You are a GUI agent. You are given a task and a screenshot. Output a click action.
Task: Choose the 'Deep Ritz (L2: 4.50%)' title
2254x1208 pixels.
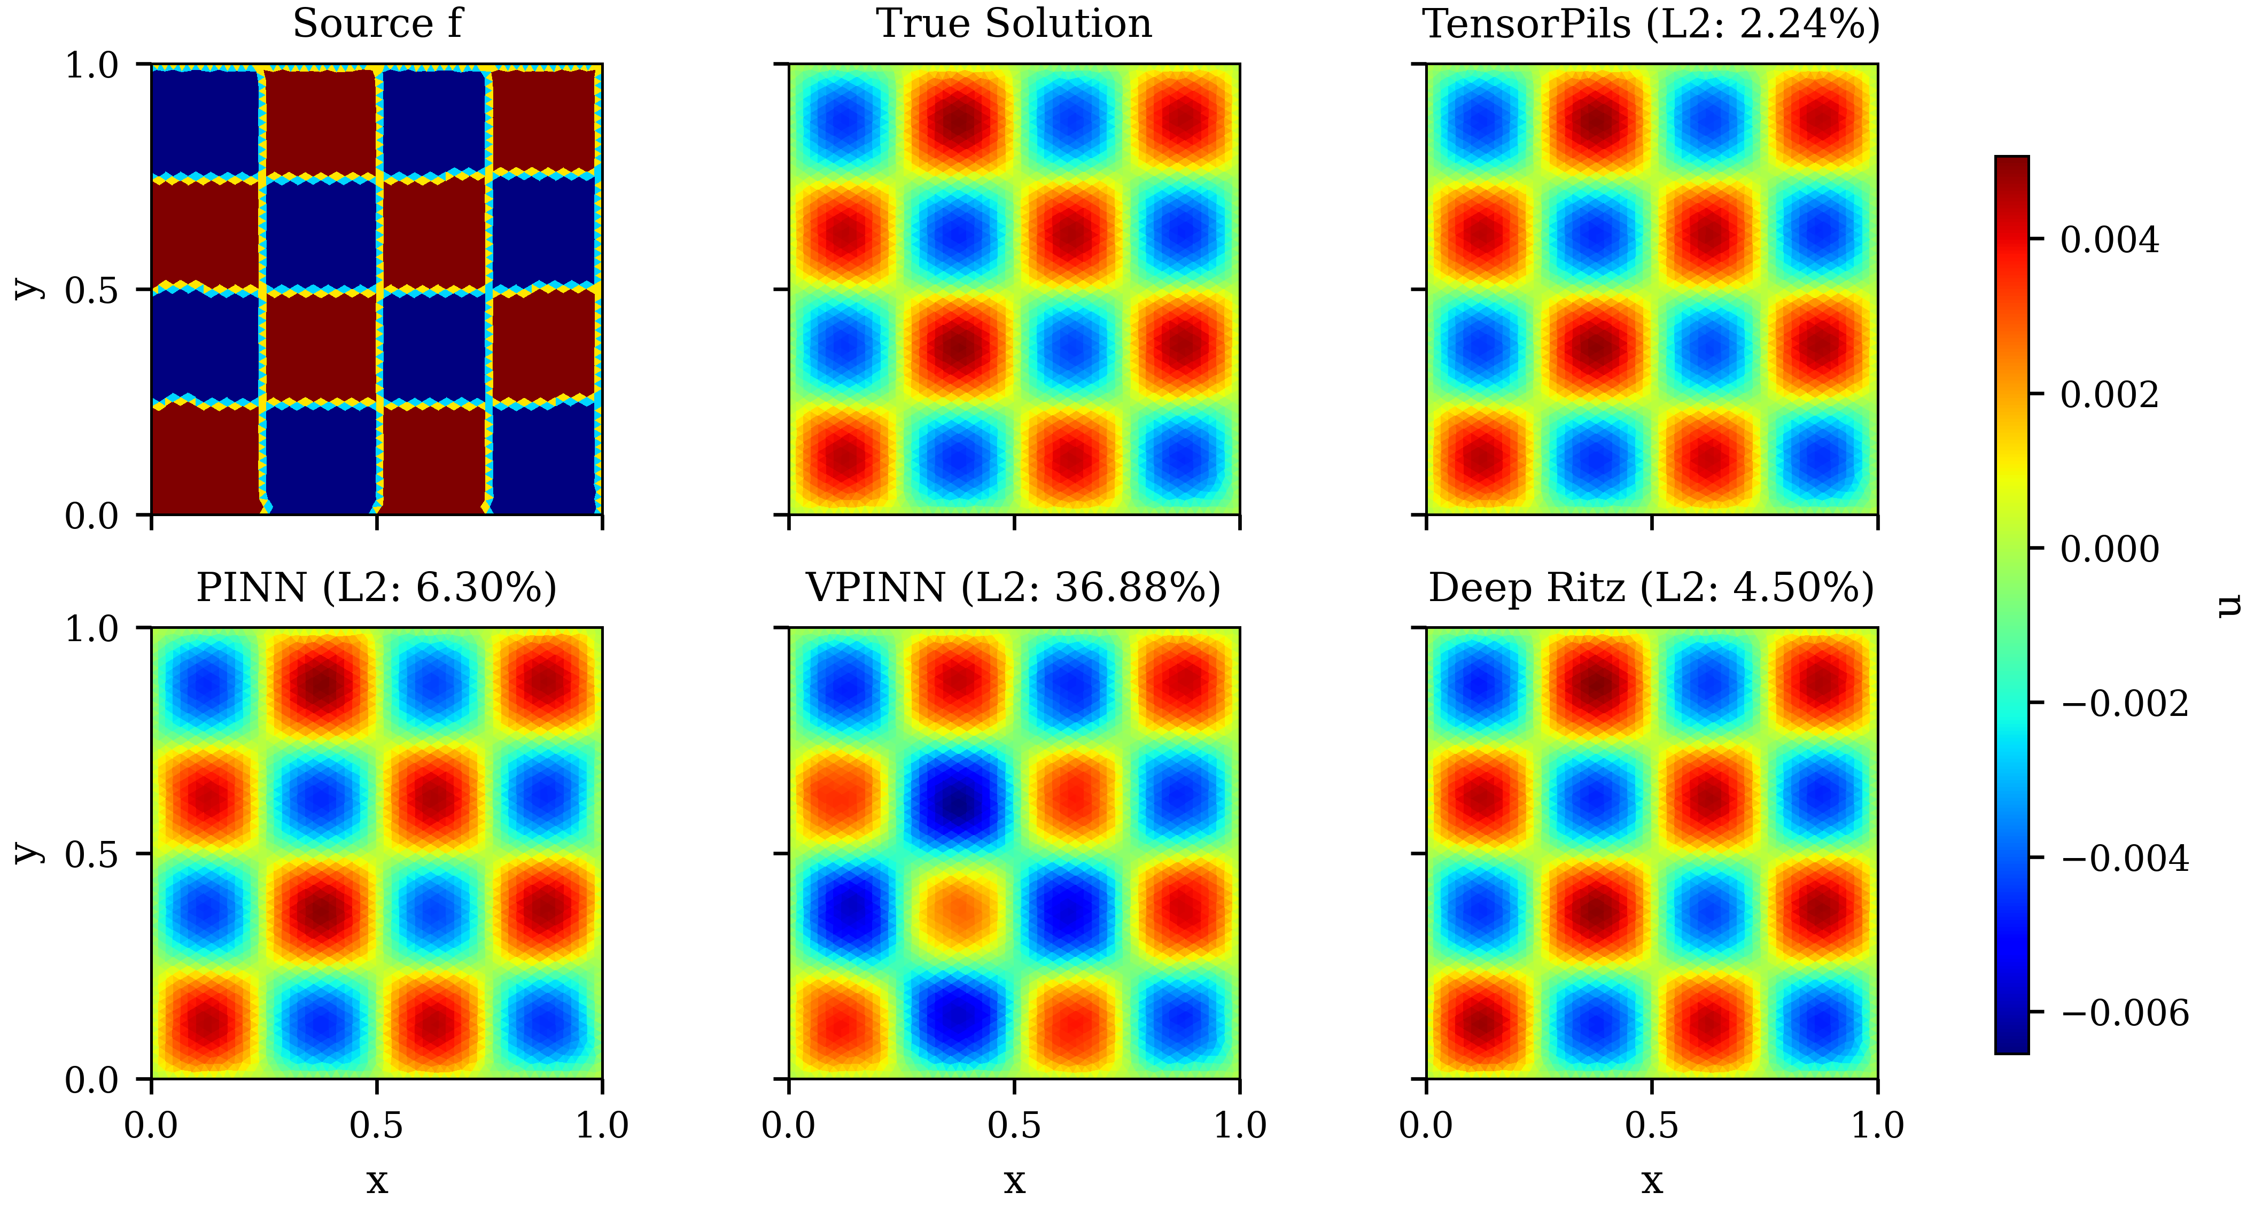1651,588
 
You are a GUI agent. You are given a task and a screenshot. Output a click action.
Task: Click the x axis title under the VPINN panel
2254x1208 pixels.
1014,1181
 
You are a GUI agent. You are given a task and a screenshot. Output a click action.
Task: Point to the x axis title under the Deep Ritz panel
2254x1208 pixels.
1651,1181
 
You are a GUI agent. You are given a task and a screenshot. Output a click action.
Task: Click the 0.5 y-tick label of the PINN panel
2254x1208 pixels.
92,854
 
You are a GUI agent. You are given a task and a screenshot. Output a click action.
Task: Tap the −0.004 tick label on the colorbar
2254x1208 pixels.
2125,858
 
